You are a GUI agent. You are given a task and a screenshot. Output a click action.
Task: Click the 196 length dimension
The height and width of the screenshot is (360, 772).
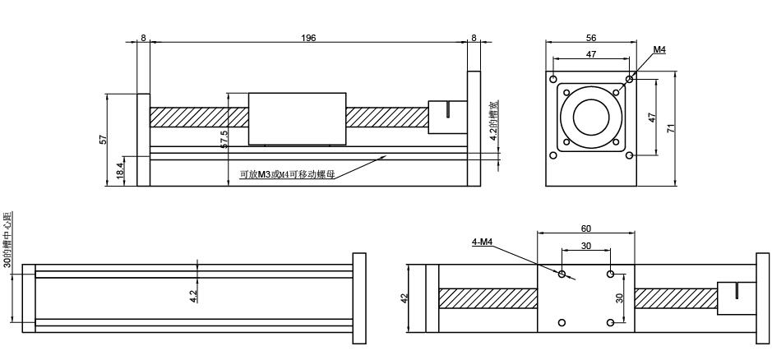308,38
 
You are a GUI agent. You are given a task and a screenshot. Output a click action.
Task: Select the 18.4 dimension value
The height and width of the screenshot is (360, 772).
120,171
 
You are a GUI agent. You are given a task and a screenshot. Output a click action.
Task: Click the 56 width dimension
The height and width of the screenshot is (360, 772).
590,38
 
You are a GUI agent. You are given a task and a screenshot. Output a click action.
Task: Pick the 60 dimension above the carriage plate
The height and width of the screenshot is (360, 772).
585,228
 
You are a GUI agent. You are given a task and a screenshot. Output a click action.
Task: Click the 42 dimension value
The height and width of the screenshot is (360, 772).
404,298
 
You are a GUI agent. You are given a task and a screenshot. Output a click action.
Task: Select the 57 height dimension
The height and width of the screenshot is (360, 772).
104,140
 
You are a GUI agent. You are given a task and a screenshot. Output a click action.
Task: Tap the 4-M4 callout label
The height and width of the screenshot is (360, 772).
482,241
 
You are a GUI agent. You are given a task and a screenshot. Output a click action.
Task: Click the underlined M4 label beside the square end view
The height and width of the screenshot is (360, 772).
659,50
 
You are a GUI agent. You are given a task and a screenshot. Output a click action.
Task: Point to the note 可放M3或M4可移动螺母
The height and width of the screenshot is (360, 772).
286,174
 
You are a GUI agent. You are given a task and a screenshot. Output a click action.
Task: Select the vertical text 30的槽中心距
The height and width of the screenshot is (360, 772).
7,238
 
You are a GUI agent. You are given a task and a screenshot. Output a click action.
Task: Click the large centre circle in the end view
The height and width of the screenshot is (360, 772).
590,117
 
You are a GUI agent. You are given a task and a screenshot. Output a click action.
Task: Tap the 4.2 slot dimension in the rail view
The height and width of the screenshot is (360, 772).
192,293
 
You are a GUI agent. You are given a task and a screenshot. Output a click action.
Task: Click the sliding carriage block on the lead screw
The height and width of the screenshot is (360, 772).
296,117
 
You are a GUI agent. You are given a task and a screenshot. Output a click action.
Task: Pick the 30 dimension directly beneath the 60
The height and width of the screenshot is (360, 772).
585,246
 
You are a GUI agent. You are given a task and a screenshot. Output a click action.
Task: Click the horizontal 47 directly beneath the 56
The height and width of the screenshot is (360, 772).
590,53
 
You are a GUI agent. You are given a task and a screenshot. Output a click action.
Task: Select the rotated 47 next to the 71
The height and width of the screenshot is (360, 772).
652,117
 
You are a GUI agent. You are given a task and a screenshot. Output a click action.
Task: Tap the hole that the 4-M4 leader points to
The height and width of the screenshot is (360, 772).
562,274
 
